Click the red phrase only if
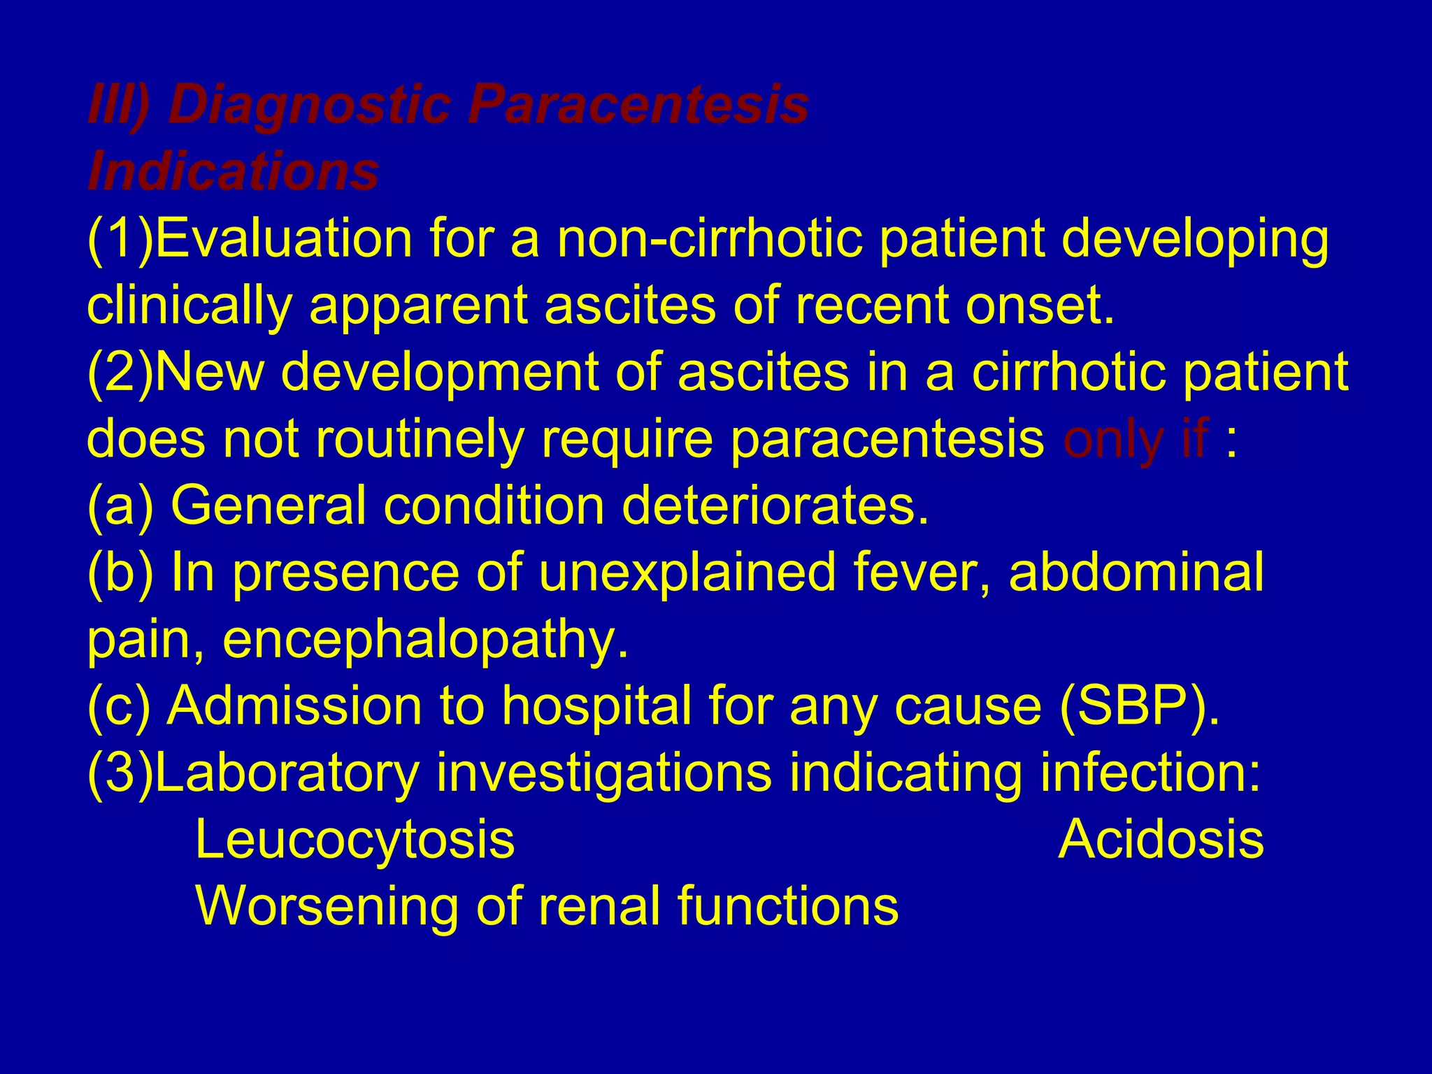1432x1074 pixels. [1136, 440]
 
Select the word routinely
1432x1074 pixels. [420, 440]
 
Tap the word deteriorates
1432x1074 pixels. [775, 506]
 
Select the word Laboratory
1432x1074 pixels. [287, 773]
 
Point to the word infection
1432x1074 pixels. [1150, 773]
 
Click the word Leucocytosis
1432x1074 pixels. [355, 840]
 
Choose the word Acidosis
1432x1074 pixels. [1161, 840]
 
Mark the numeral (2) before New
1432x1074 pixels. [120, 373]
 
